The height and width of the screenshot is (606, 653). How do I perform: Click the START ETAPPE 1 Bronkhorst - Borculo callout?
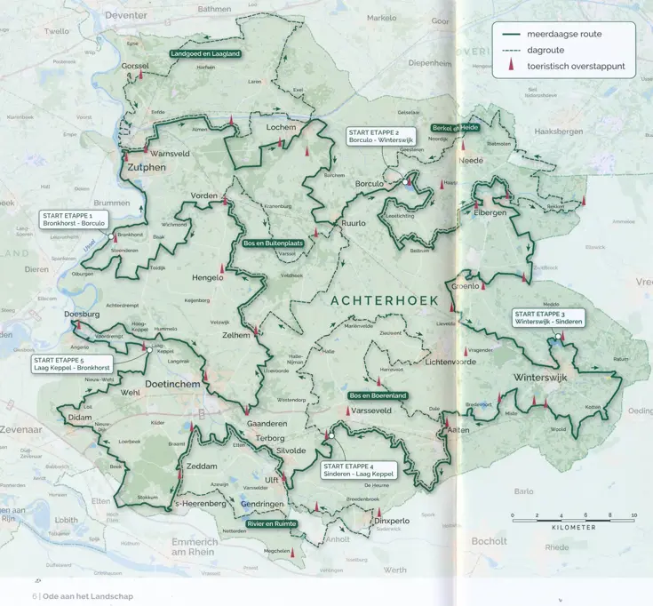click(x=74, y=219)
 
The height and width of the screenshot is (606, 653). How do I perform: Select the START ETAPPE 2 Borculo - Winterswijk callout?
click(x=381, y=136)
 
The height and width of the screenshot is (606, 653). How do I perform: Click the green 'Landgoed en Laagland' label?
click(x=205, y=54)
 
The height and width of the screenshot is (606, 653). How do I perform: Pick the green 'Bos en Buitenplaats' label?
click(x=273, y=243)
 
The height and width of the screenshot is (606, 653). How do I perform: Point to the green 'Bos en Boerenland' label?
click(x=378, y=395)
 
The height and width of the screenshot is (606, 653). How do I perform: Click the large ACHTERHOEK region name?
click(x=384, y=301)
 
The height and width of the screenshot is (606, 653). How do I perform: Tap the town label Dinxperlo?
click(x=392, y=521)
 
